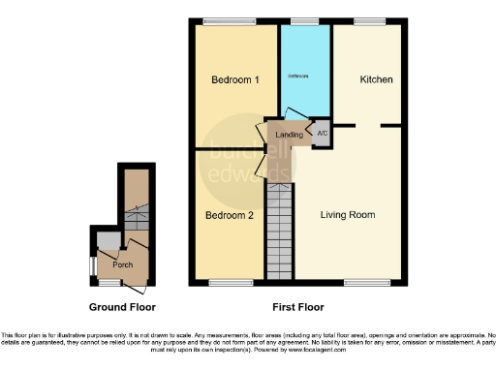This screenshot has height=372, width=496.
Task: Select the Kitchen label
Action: click(x=376, y=79)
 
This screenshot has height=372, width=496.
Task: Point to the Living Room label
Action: click(x=348, y=214)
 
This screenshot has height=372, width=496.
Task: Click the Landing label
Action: click(x=289, y=134)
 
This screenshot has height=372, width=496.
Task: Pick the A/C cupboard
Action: click(x=321, y=134)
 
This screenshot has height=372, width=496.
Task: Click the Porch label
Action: click(x=122, y=264)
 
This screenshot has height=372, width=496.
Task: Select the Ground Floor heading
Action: click(x=122, y=307)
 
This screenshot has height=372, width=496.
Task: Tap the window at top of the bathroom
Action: click(x=305, y=20)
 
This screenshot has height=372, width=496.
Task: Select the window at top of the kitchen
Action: click(x=368, y=20)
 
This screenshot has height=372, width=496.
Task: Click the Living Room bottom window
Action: click(x=360, y=283)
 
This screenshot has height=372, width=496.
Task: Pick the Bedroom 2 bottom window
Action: click(x=230, y=283)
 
